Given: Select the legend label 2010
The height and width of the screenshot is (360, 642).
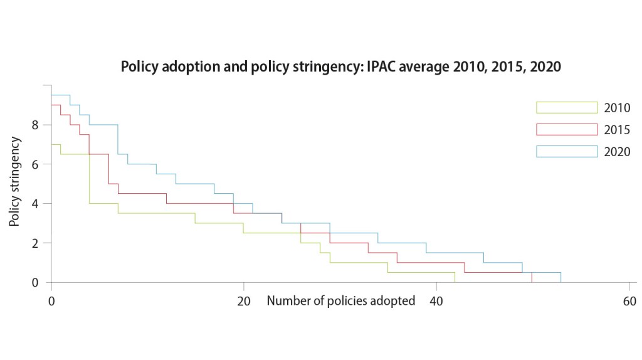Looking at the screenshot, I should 617,108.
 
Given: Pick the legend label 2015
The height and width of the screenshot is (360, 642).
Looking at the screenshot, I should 617,130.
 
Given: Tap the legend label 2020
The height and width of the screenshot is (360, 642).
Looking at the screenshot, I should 617,152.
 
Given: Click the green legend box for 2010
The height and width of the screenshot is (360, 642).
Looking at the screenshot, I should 567,107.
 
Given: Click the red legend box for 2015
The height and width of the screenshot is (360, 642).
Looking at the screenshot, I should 567,129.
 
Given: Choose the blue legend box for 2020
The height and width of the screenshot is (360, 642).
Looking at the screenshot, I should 567,151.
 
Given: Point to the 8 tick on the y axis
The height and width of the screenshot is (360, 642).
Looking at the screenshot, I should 35,125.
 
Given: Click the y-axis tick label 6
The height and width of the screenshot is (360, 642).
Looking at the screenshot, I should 35,164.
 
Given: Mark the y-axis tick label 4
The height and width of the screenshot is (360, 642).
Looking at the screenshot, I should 35,204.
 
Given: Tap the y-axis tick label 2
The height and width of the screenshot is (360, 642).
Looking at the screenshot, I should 35,243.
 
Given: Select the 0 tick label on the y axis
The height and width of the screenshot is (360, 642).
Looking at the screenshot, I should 35,283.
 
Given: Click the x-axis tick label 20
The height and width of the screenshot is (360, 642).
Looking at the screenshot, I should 244,301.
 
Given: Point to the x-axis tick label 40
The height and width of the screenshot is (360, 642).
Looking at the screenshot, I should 436,301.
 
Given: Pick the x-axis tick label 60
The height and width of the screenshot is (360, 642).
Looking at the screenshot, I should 629,301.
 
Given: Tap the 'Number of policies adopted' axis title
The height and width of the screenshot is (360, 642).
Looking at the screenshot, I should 341,301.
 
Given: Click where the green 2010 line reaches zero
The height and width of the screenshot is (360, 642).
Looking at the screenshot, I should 455,282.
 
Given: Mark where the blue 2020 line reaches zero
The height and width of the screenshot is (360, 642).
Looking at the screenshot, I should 560,282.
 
